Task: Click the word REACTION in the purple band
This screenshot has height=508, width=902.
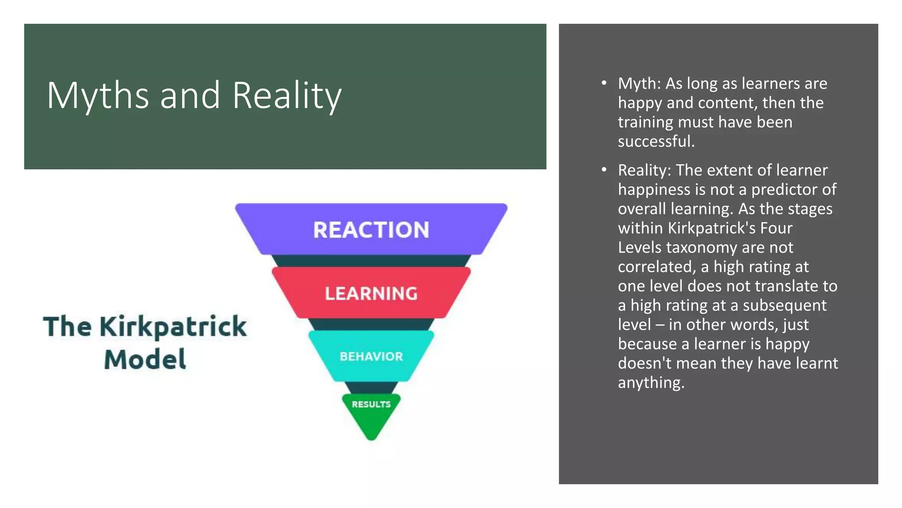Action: pos(371,230)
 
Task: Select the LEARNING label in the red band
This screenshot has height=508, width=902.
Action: pos(371,294)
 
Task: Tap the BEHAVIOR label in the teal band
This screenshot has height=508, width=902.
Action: pos(371,356)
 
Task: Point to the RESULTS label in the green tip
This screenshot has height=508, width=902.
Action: pos(371,404)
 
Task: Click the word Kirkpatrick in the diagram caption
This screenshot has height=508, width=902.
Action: pos(173,327)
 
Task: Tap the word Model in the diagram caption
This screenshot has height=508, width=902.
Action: pos(145,359)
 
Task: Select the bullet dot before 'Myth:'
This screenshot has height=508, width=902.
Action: pos(604,83)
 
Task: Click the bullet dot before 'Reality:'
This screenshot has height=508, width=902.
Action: pos(604,169)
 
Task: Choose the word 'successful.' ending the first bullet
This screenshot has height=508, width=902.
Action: pos(656,141)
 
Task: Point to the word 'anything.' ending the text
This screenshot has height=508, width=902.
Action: pos(651,382)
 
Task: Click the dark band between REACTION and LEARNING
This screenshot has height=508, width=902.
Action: pos(371,261)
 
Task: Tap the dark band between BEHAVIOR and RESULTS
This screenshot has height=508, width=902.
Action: pos(371,388)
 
